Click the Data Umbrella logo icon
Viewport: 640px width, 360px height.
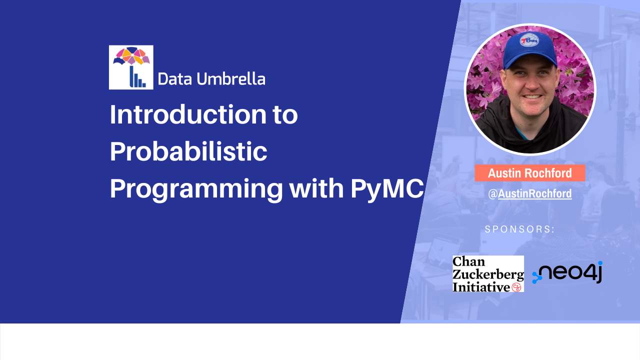(131, 67)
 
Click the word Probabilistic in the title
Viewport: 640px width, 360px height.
(188, 151)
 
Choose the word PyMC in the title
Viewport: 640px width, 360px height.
(387, 188)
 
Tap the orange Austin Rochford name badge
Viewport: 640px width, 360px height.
(529, 173)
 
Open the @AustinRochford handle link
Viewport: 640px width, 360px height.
(530, 194)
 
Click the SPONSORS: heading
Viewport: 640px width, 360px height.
(520, 229)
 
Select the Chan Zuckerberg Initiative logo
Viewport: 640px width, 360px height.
(488, 274)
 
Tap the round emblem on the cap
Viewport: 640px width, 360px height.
(529, 40)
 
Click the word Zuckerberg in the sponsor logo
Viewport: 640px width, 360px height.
(488, 274)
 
